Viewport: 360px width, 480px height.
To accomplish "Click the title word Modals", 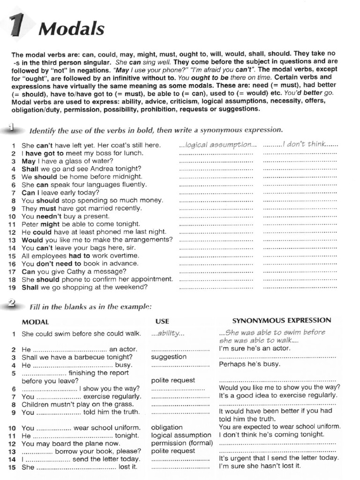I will click(x=71, y=29).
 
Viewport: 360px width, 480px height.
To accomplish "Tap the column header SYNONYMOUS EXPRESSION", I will click(x=282, y=321).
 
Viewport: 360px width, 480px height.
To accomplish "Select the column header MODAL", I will click(x=35, y=322).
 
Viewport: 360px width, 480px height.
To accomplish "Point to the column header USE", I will click(x=162, y=322).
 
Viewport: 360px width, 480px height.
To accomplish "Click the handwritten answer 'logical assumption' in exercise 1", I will click(x=218, y=144).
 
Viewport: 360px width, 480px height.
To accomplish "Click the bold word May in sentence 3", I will click(x=29, y=161).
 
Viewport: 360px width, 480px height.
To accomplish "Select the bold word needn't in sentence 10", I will click(x=47, y=216).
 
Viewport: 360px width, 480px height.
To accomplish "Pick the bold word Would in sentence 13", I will click(x=32, y=240).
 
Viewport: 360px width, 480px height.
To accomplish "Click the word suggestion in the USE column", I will click(x=169, y=357).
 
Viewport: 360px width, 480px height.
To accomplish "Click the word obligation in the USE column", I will click(x=167, y=427).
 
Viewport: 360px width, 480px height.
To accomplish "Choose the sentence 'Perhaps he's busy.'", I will click(x=249, y=364).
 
